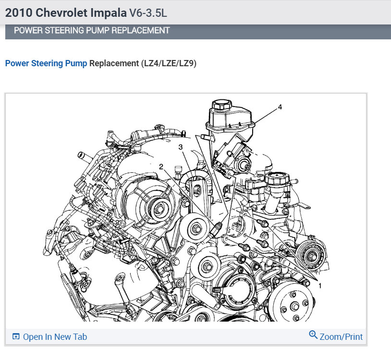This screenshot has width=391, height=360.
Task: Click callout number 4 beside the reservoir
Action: (280, 107)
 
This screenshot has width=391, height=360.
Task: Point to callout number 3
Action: (181, 147)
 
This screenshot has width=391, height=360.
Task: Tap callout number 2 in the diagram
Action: (161, 167)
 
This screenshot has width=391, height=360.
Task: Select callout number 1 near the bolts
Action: (320, 286)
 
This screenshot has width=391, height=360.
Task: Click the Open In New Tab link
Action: (55, 337)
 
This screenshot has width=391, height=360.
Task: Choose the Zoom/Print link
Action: (341, 337)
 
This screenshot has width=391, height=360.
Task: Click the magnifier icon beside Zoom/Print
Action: (313, 335)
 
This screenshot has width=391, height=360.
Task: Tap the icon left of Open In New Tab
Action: (16, 336)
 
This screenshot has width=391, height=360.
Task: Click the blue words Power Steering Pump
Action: (46, 63)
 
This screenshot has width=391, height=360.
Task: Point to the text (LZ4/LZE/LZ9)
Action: (169, 63)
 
